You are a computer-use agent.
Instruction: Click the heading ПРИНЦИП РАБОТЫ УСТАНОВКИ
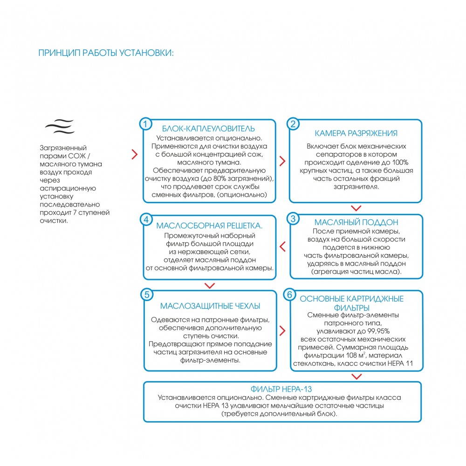point(106,52)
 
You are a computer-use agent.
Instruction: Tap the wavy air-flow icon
point(60,126)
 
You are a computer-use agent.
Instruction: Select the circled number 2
point(293,123)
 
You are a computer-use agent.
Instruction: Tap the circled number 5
point(146,295)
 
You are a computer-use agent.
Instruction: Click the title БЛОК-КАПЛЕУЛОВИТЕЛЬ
point(208,129)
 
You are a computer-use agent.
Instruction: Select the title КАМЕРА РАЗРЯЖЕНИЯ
point(356,133)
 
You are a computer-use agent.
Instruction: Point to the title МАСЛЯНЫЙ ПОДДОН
point(356,222)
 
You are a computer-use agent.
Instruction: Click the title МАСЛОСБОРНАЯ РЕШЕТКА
point(209,226)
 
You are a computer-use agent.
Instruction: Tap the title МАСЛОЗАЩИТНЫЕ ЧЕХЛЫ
point(210,306)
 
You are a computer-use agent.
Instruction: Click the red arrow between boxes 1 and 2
point(282,161)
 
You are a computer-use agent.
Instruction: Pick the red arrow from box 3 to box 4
point(282,246)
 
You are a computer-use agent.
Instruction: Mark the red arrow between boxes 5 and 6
point(282,331)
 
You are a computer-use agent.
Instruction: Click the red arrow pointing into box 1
point(134,154)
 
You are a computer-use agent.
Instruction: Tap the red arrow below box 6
point(356,377)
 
